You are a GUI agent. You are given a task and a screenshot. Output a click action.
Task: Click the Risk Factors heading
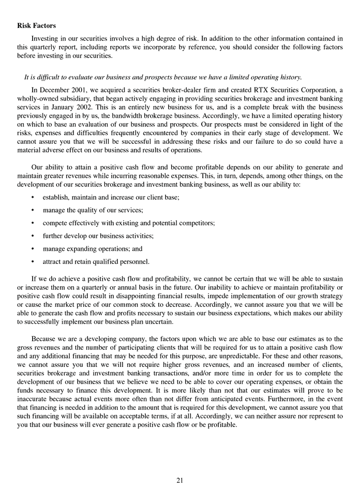click(36, 25)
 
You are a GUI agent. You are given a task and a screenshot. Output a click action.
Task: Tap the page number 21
click(179, 480)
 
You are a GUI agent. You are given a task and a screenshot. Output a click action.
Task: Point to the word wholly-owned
click(39, 98)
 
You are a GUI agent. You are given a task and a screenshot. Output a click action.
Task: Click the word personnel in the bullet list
click(133, 261)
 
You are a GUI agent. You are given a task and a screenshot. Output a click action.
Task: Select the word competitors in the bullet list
click(196, 223)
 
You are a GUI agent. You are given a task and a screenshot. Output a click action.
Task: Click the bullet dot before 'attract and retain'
click(33, 262)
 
